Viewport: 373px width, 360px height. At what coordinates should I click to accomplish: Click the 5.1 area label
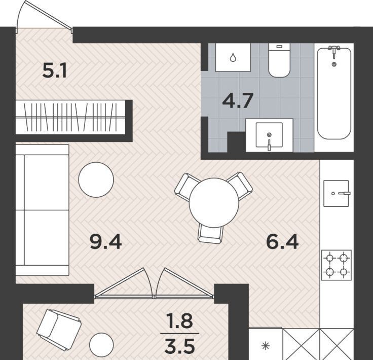pyautogui.click(x=54, y=71)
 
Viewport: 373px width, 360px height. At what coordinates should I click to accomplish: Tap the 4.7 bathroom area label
pyautogui.click(x=237, y=100)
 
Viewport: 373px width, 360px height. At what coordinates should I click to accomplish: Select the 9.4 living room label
pyautogui.click(x=106, y=242)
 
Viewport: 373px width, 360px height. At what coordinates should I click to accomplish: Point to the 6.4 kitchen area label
pyautogui.click(x=282, y=242)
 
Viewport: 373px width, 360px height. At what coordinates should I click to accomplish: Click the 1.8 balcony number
pyautogui.click(x=179, y=320)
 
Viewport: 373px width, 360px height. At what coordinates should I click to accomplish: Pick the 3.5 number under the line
pyautogui.click(x=180, y=346)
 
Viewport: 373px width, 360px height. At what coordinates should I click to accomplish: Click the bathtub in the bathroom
pyautogui.click(x=334, y=93)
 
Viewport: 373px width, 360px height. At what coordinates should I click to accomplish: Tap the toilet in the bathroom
pyautogui.click(x=279, y=60)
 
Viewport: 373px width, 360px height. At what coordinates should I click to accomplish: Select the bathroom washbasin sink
pyautogui.click(x=269, y=135)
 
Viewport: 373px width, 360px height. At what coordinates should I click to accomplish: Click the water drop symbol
pyautogui.click(x=233, y=57)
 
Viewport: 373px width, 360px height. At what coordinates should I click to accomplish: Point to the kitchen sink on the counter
pyautogui.click(x=337, y=193)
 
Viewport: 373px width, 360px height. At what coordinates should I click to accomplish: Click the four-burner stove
pyautogui.click(x=337, y=265)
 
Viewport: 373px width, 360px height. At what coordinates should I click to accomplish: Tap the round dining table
pyautogui.click(x=214, y=202)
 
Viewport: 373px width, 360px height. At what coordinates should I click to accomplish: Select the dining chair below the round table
pyautogui.click(x=211, y=234)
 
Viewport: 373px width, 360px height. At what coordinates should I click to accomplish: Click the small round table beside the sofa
pyautogui.click(x=96, y=179)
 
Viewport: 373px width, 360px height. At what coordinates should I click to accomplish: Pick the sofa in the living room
pyautogui.click(x=43, y=210)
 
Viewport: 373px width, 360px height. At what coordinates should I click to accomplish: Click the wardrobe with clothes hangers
pyautogui.click(x=70, y=117)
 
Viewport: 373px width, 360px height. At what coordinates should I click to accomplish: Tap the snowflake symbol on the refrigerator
pyautogui.click(x=266, y=346)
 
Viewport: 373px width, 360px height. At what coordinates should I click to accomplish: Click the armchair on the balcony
pyautogui.click(x=59, y=330)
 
